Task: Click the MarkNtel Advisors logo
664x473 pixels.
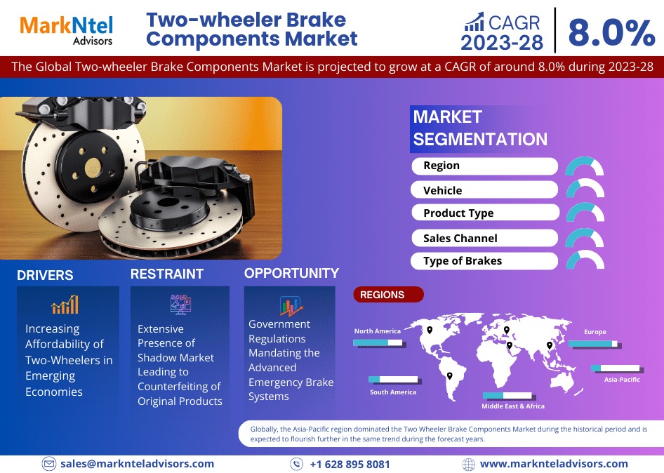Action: [67, 29]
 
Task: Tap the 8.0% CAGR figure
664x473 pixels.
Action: [611, 31]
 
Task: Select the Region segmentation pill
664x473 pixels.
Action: [484, 166]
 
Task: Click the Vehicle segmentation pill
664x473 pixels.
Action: [484, 190]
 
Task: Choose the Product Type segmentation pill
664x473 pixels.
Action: [484, 213]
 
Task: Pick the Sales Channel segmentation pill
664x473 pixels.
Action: [484, 239]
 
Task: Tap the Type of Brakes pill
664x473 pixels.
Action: [484, 261]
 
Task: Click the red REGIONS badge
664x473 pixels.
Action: [388, 295]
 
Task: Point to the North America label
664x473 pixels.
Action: [378, 331]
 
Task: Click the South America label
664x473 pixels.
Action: [393, 392]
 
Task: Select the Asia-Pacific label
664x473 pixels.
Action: [622, 380]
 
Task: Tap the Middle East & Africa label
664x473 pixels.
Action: [513, 406]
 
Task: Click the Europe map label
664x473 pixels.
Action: [595, 332]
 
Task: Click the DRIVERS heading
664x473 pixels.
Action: [45, 275]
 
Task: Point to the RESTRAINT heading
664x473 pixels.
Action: [167, 274]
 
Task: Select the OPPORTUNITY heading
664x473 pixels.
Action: [291, 274]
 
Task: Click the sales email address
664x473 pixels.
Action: [137, 464]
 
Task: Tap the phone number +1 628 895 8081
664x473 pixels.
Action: [350, 465]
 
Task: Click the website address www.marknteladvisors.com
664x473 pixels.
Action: [554, 464]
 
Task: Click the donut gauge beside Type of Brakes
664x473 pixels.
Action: [585, 260]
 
